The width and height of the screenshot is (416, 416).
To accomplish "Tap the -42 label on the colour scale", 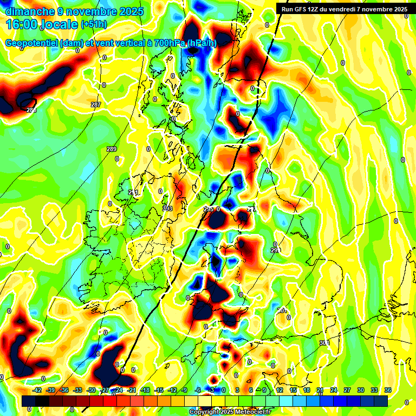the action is (37, 390).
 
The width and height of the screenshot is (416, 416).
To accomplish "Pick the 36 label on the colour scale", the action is (387, 390).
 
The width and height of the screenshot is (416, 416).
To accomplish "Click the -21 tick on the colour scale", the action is (132, 390).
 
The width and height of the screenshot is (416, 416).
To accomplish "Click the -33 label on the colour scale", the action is (77, 390).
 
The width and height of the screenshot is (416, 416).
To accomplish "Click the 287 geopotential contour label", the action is (96, 105).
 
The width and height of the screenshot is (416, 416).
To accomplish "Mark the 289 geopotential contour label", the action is (112, 149).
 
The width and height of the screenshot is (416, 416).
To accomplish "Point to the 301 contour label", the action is (282, 310).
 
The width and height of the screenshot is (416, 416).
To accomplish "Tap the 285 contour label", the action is (31, 110).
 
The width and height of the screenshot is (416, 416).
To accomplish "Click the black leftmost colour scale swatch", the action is (29, 401).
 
